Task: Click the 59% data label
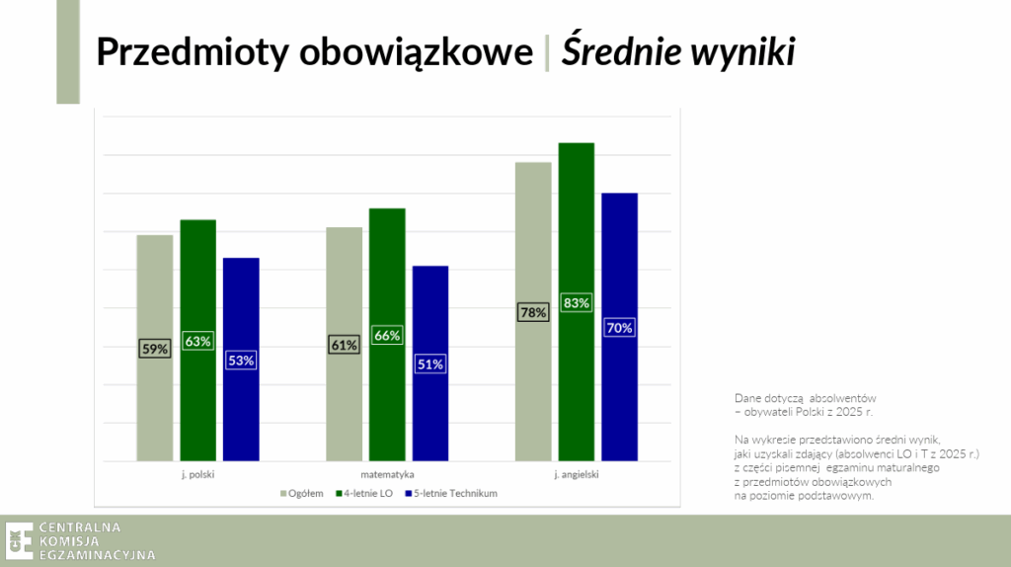click(x=155, y=349)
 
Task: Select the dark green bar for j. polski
click(x=197, y=341)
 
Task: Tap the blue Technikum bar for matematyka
click(x=430, y=364)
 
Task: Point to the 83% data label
click(x=576, y=303)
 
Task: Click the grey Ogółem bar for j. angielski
click(x=533, y=311)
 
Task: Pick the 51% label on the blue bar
click(x=430, y=364)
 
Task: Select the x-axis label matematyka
click(x=387, y=475)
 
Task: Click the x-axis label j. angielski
click(x=577, y=475)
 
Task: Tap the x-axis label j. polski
click(x=197, y=475)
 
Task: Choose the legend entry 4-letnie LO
click(x=364, y=494)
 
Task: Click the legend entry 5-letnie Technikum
click(x=450, y=494)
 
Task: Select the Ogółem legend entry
click(x=302, y=494)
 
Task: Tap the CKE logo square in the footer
click(x=20, y=540)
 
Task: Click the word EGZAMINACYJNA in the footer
click(x=98, y=555)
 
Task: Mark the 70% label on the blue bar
click(x=619, y=328)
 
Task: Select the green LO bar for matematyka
click(x=387, y=335)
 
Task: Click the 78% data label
click(x=533, y=313)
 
